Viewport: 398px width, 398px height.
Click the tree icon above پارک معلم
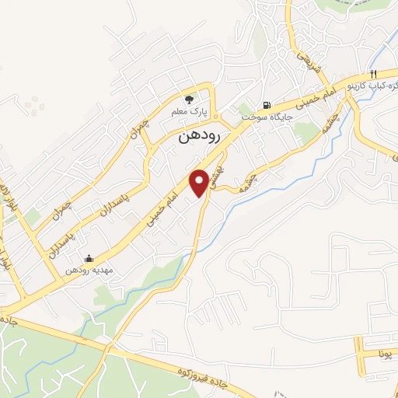189,99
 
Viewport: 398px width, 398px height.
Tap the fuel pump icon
267,105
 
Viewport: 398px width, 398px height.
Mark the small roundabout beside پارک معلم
216,118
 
